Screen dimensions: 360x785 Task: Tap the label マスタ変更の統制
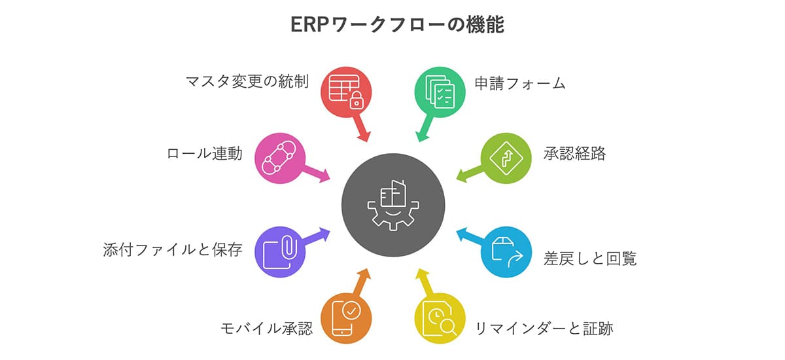(x=247, y=83)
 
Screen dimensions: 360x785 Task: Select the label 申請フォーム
(x=520, y=84)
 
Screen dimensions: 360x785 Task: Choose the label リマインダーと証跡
(x=544, y=327)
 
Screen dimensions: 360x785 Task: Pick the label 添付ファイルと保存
(x=173, y=250)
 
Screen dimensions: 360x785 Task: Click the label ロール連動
(x=204, y=154)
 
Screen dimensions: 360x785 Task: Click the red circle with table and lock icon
(x=346, y=91)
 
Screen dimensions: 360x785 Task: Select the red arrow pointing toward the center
(x=360, y=129)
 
